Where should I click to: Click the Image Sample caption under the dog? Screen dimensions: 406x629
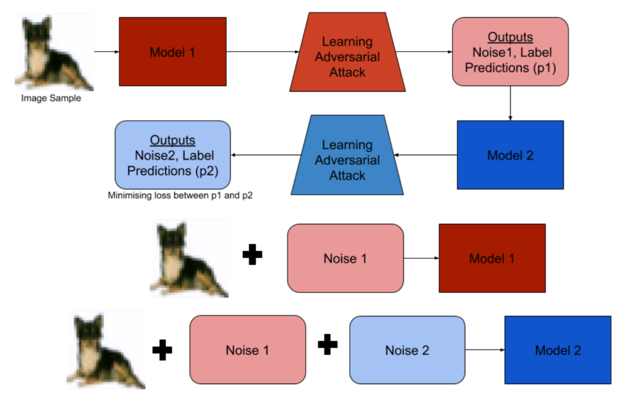click(51, 98)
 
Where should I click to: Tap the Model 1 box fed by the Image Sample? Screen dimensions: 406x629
click(172, 52)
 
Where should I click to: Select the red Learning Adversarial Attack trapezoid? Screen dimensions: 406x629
click(347, 56)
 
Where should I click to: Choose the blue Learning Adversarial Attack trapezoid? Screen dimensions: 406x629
click(347, 159)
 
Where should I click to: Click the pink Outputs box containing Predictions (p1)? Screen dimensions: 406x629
click(510, 52)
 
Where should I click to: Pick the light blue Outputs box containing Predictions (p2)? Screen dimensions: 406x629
click(173, 155)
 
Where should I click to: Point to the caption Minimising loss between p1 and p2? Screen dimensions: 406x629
click(180, 196)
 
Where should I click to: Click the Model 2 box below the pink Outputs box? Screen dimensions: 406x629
click(510, 155)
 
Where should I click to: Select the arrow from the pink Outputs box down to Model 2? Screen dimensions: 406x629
click(510, 103)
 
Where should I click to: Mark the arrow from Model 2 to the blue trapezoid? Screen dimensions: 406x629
click(425, 155)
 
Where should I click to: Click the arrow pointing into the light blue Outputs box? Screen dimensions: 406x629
click(266, 155)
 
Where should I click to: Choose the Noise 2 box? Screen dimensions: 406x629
click(407, 350)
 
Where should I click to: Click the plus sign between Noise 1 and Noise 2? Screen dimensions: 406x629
click(327, 344)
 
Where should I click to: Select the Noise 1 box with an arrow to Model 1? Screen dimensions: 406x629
click(345, 258)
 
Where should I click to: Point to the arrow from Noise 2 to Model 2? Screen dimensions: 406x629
click(484, 350)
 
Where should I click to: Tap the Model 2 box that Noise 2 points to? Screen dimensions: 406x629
click(558, 350)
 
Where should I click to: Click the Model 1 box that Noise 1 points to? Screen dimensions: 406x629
click(492, 258)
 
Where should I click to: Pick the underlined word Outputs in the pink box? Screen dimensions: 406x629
click(510, 37)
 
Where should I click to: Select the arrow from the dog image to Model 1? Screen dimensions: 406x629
click(106, 52)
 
